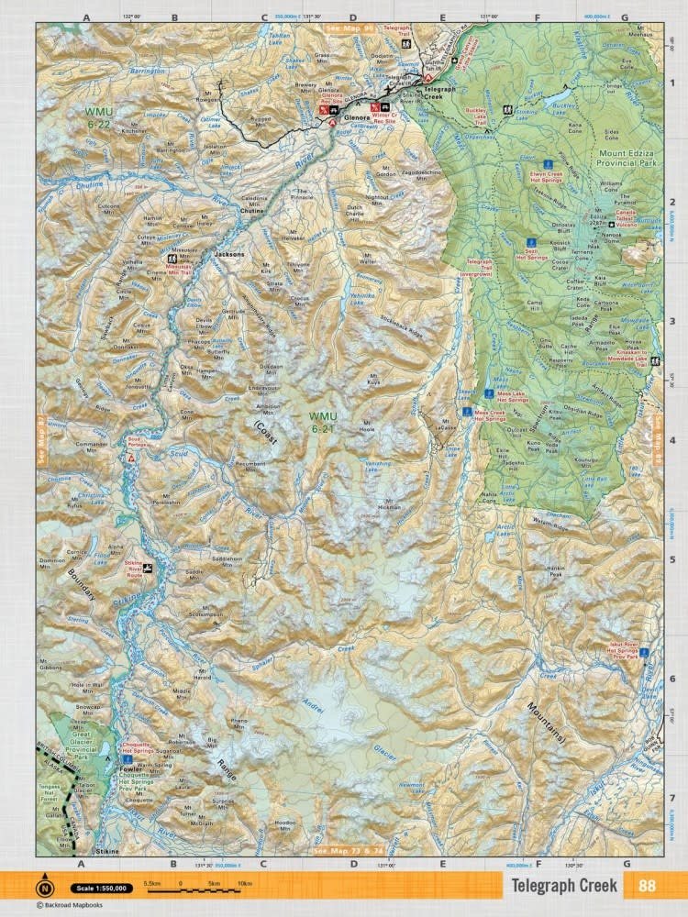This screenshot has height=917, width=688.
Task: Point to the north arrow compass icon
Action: point(45,888)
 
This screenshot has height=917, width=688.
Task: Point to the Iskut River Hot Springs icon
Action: point(644,652)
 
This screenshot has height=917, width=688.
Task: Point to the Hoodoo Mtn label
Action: point(286,823)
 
